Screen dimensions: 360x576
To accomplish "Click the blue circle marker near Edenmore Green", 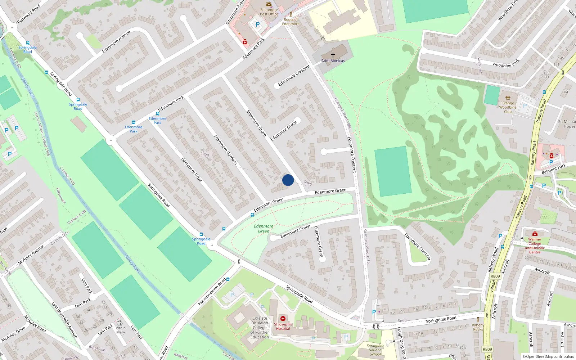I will [288, 180].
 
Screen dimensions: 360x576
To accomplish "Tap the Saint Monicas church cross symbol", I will [333, 55].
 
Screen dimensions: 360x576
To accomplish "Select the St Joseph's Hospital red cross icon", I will [283, 319].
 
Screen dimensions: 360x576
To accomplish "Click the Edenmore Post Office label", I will [269, 12].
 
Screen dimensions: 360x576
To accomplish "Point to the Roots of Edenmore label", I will [291, 22].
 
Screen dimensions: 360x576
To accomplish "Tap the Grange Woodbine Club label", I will [508, 107].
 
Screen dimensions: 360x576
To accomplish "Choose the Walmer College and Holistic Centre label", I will [535, 246].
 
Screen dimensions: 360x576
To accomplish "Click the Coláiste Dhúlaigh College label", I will [260, 328].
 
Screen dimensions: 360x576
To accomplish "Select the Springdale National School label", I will [375, 350].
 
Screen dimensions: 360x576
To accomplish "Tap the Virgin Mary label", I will [121, 330].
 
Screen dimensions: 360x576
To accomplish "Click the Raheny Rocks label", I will [478, 327].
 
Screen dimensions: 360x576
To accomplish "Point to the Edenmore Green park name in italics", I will [264, 229].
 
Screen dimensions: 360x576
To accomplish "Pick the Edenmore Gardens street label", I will [226, 150].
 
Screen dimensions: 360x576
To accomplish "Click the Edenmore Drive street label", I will [192, 170].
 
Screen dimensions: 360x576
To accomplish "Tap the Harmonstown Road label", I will [212, 291].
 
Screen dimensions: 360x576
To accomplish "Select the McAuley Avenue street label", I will [31, 255].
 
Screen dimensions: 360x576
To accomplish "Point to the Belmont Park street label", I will [554, 169].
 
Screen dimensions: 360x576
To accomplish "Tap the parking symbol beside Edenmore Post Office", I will [258, 25].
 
